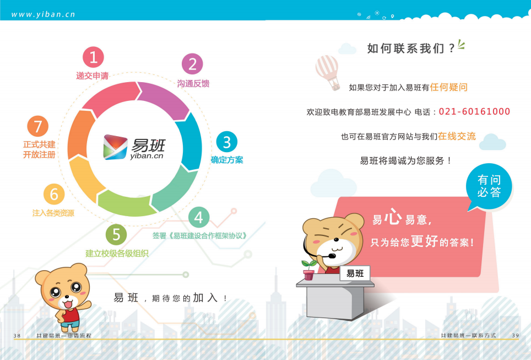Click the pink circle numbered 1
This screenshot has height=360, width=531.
(93, 57)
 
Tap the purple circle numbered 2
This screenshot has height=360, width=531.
(192, 64)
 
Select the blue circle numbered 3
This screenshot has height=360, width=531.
(226, 142)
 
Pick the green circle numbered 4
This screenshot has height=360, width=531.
(199, 217)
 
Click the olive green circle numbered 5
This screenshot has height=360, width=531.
(116, 234)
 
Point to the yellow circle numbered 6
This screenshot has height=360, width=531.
(54, 194)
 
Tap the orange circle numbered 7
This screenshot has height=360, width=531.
(37, 126)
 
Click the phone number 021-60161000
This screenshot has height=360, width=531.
(474, 111)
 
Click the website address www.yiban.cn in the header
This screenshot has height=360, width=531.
(43, 14)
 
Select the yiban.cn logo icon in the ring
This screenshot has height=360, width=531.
(115, 147)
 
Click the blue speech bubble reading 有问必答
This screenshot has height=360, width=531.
(489, 186)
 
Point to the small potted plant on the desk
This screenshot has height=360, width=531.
(309, 270)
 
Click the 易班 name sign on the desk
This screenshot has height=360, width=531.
(355, 273)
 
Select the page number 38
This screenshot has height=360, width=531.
(17, 336)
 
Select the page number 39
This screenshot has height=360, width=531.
(516, 335)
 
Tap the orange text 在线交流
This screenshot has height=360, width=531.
(457, 136)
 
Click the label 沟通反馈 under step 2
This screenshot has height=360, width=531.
(193, 83)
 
